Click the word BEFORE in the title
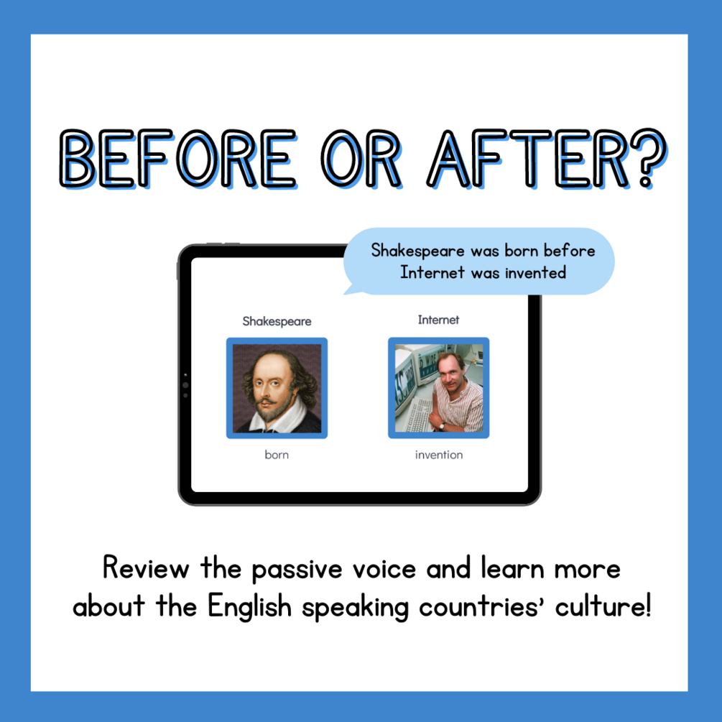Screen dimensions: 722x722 (x=178, y=159)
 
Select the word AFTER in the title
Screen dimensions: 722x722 (x=528, y=159)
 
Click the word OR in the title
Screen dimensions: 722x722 (x=361, y=159)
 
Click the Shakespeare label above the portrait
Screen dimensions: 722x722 (x=277, y=321)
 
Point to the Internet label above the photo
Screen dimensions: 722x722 (x=438, y=320)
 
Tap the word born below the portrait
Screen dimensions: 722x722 (x=277, y=455)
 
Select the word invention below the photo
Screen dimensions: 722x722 (x=439, y=455)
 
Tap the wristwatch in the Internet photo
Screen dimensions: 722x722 (x=441, y=426)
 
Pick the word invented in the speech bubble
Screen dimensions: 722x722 (x=535, y=272)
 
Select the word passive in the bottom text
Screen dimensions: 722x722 (x=297, y=570)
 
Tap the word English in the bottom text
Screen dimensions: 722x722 (x=249, y=606)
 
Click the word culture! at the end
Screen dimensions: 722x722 (x=603, y=606)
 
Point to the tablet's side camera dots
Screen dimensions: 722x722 (x=185, y=385)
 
